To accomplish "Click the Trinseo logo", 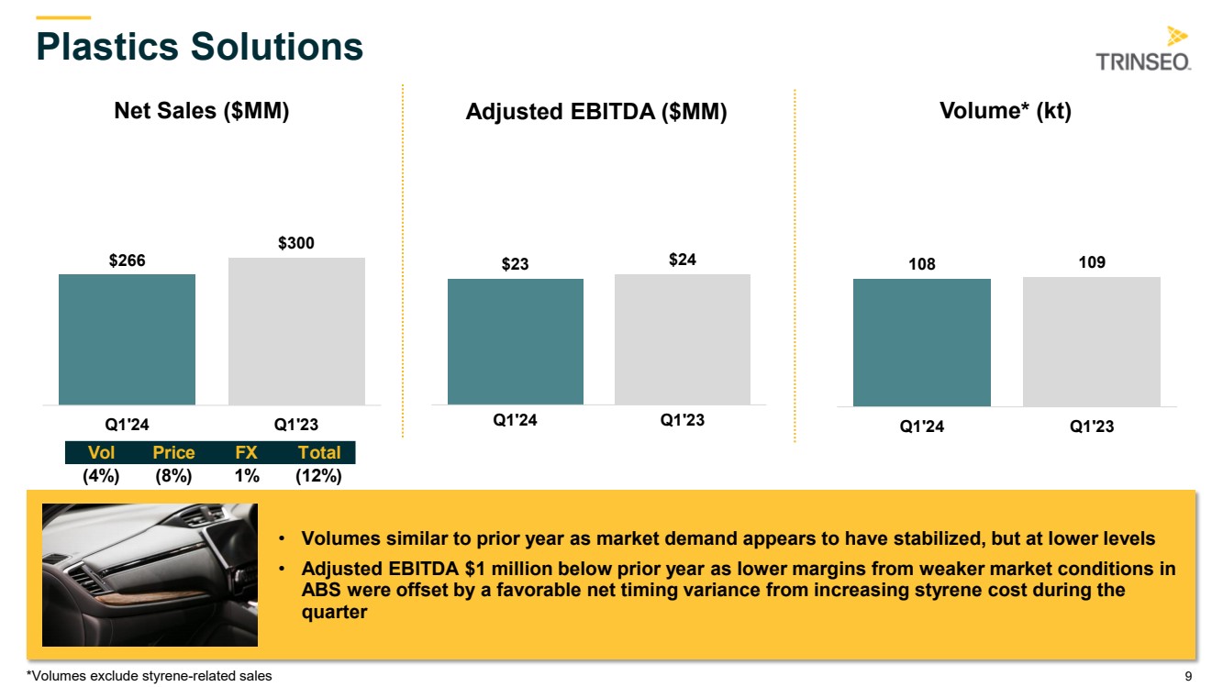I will click(x=1143, y=50).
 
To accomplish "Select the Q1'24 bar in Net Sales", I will click(x=127, y=339).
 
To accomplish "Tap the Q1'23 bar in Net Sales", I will click(x=296, y=331).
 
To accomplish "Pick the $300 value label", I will click(x=296, y=243).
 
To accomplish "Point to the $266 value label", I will click(x=127, y=260).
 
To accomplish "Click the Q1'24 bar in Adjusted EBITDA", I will click(x=515, y=341).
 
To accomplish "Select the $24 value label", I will click(x=682, y=260).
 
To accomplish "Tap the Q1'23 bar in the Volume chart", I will click(x=1091, y=341).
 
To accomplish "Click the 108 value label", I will click(x=921, y=264).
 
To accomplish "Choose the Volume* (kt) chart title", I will click(x=1006, y=111).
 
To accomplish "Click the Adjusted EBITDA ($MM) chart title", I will click(x=596, y=112).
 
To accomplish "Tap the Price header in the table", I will click(x=173, y=452).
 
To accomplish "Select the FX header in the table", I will click(x=246, y=452).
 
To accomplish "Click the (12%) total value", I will click(x=318, y=475).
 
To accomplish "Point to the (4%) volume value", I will click(x=101, y=475).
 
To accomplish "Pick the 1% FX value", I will click(x=246, y=475).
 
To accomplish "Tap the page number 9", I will click(x=1188, y=676).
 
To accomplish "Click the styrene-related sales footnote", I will click(x=150, y=676).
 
